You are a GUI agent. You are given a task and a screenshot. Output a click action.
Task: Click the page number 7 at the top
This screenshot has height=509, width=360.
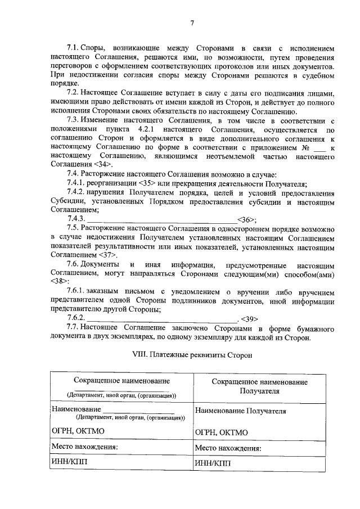pyautogui.click(x=191, y=23)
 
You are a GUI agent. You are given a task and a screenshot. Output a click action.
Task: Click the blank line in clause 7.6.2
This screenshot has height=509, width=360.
pyautogui.click(x=163, y=318)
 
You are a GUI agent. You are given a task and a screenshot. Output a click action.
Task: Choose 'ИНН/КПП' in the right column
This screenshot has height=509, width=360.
pyautogui.click(x=213, y=464)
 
